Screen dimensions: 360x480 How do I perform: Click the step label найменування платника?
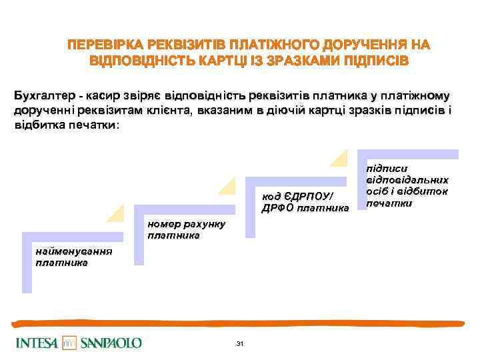[x=73, y=257]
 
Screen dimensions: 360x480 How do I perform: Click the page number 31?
[x=240, y=343]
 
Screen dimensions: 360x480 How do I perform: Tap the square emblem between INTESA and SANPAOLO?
[x=70, y=343]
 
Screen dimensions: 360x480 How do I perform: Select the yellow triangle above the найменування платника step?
[x=115, y=213]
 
